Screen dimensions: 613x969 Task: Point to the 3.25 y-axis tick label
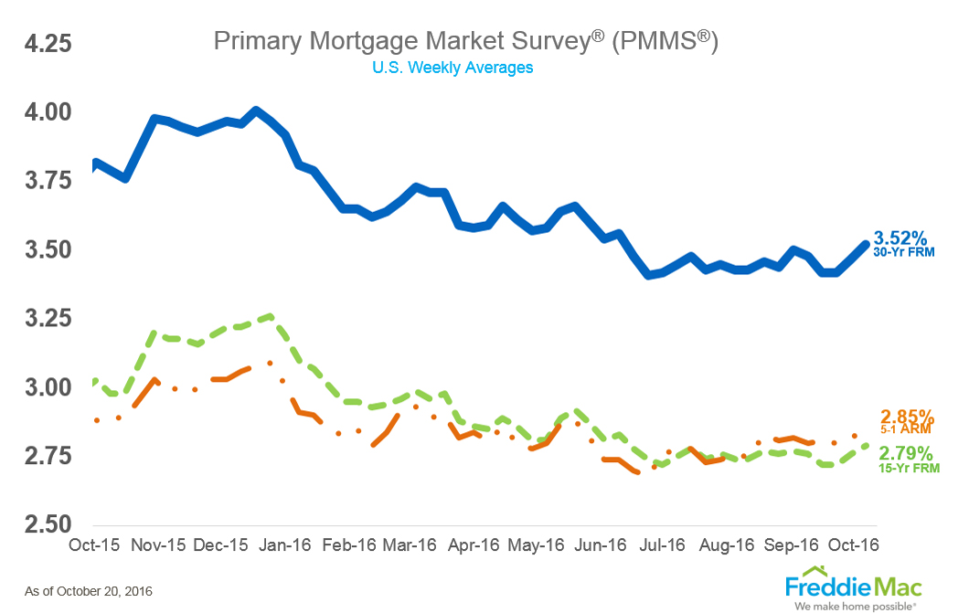point(38,320)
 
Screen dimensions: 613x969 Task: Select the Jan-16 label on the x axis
point(285,545)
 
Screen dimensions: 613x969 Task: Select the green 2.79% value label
point(906,453)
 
